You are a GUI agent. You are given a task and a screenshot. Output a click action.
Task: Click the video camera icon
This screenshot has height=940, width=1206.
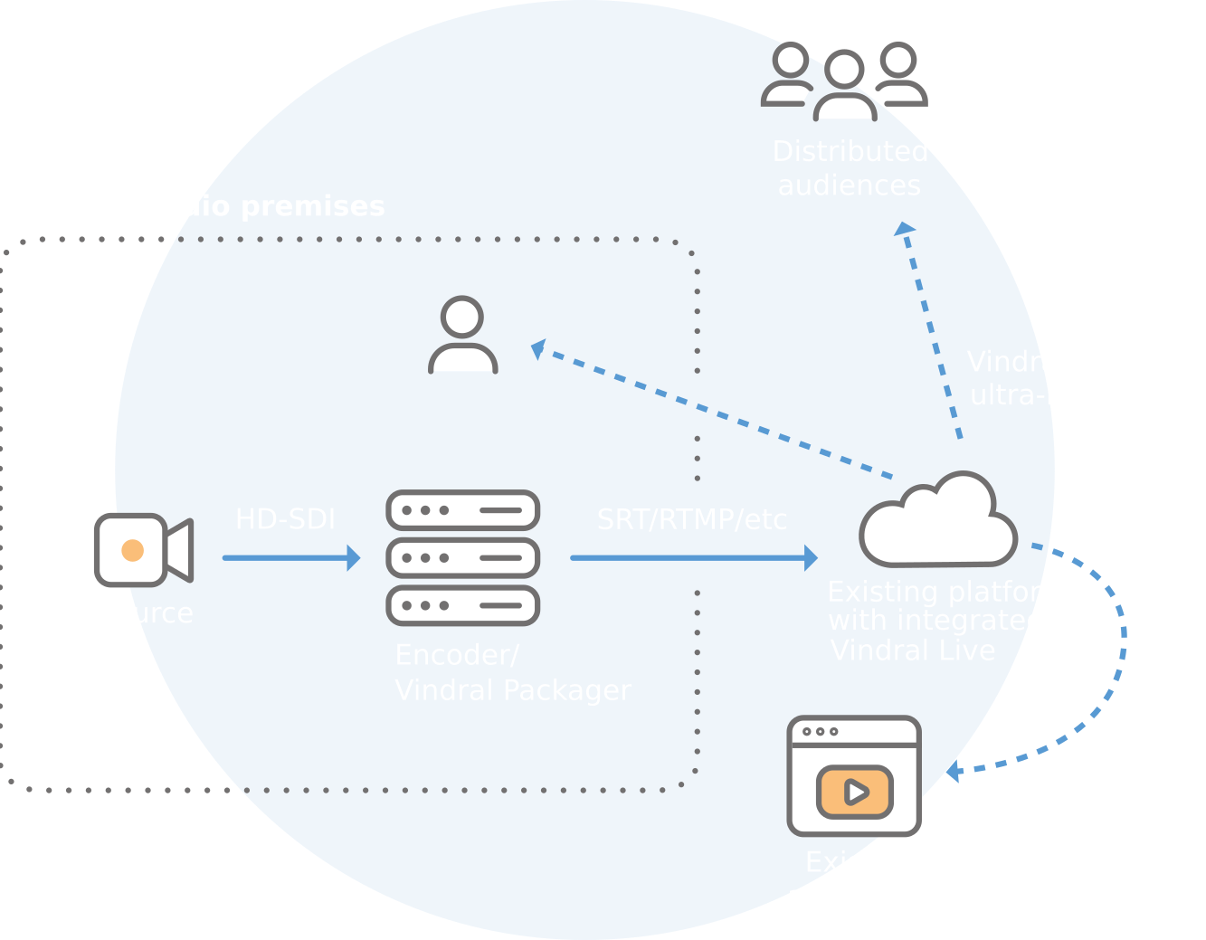[x=144, y=550]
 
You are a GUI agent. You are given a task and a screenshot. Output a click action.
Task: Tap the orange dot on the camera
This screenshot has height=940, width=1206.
[x=133, y=550]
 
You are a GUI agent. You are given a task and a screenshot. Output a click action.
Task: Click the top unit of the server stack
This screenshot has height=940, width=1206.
[x=463, y=511]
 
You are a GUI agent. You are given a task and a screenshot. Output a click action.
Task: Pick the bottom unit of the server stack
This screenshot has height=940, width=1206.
[x=463, y=605]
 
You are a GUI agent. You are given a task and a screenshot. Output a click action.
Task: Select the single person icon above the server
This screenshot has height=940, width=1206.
[x=463, y=335]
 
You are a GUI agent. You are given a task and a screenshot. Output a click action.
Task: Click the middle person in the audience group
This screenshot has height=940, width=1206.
[x=845, y=86]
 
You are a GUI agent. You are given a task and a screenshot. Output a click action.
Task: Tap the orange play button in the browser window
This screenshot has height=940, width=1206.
[x=855, y=793]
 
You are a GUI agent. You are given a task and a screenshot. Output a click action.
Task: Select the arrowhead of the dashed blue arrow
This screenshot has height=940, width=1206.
[x=952, y=772]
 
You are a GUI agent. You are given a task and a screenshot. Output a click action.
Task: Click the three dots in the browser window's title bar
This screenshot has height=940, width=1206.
[x=820, y=732]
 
